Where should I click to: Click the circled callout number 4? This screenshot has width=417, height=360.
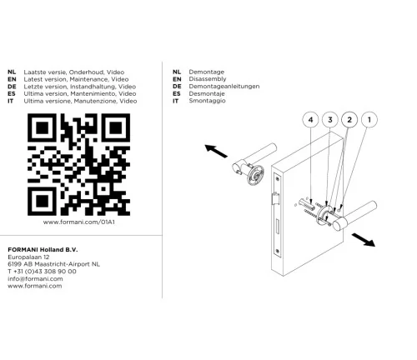click(x=310, y=120)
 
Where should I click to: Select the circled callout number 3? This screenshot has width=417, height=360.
click(x=330, y=120)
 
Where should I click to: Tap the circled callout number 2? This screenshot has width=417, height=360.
click(x=349, y=120)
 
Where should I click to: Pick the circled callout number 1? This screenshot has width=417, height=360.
click(x=369, y=120)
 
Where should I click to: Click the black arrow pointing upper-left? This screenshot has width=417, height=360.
click(x=216, y=151)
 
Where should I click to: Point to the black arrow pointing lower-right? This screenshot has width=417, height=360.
click(x=364, y=240)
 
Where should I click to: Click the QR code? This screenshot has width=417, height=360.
click(x=78, y=164)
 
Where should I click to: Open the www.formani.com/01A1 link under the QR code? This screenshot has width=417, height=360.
click(x=79, y=222)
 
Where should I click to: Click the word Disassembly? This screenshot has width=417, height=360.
click(x=208, y=79)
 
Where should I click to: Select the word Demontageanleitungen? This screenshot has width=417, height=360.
click(x=224, y=87)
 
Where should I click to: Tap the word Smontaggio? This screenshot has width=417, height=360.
click(x=207, y=101)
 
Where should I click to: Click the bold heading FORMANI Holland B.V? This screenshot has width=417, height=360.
click(x=43, y=250)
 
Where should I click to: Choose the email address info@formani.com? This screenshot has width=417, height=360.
click(x=35, y=278)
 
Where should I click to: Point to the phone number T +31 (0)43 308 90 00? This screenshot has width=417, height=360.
click(x=42, y=272)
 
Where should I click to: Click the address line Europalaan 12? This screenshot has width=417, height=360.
click(x=28, y=257)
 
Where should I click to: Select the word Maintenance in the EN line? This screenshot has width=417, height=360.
click(x=88, y=79)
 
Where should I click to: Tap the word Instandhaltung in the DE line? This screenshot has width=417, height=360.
click(x=93, y=87)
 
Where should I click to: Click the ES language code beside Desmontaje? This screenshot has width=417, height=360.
click(x=177, y=93)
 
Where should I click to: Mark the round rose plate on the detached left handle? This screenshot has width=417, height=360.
click(x=255, y=175)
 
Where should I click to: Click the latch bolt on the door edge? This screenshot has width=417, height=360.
click(x=275, y=198)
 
